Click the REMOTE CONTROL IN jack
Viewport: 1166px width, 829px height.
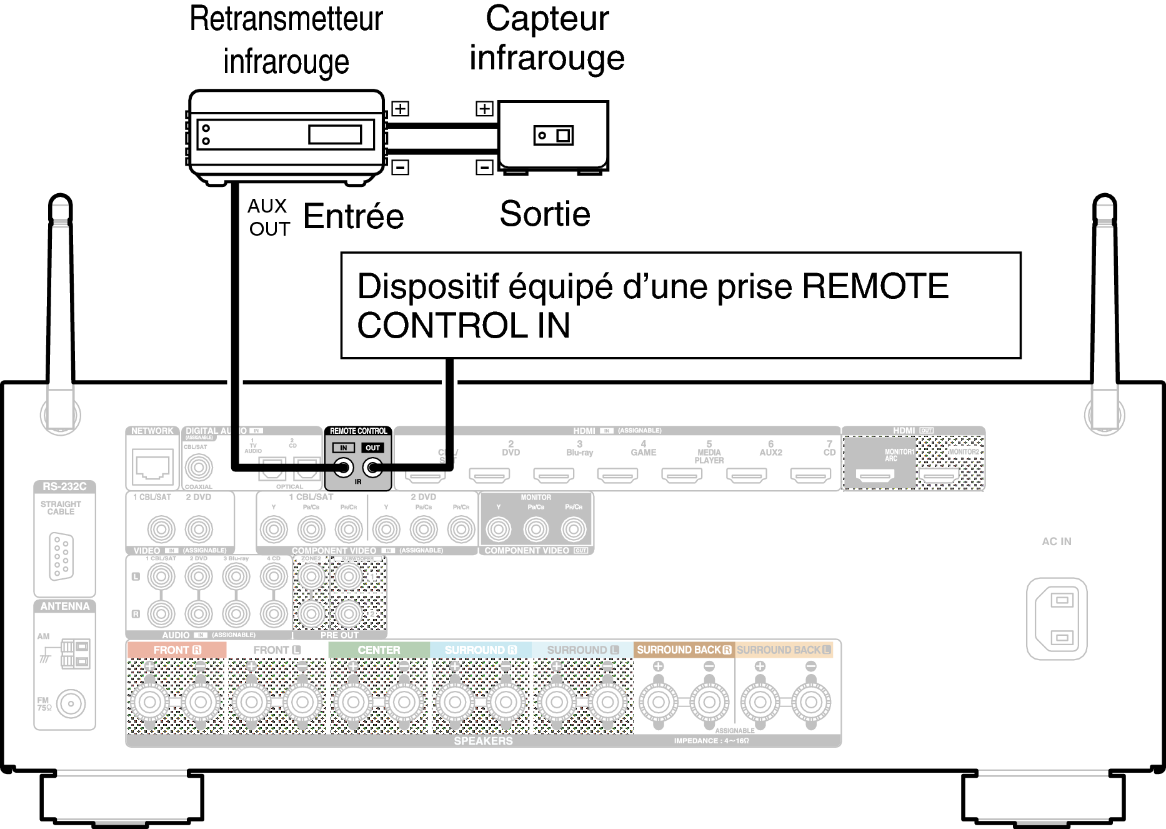(343, 467)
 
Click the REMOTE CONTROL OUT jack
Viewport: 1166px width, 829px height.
(373, 467)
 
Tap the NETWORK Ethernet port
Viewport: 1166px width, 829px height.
(152, 466)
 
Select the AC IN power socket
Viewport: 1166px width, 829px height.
(1057, 618)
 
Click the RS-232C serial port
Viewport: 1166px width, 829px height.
(61, 556)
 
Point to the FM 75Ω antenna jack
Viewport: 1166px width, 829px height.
(71, 704)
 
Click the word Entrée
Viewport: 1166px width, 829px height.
(354, 216)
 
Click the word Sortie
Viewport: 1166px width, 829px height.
(545, 214)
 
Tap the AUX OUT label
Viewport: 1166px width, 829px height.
(269, 218)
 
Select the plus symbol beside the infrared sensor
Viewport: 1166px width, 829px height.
(484, 109)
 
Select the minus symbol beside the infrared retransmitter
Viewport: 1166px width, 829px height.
(400, 167)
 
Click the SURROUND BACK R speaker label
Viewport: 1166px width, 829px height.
(684, 650)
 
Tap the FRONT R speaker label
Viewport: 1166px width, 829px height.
(177, 650)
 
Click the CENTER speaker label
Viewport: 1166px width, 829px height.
(379, 650)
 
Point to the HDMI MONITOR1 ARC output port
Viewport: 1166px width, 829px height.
(875, 476)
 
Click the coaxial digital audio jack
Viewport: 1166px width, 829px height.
(199, 467)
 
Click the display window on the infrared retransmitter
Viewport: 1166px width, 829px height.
(335, 134)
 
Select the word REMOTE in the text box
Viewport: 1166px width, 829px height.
(875, 286)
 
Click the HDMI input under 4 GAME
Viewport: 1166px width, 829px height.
(617, 476)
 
